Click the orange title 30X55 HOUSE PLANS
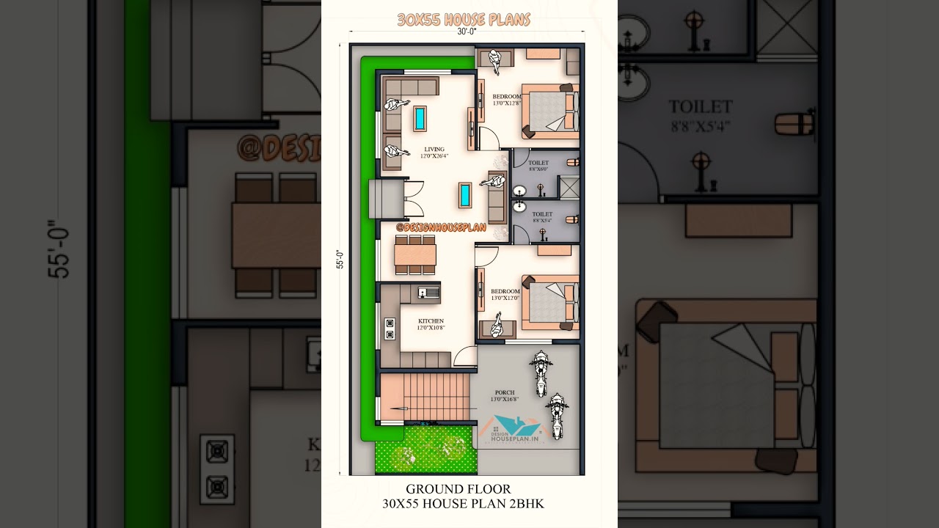coord(464,20)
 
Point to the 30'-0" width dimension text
coord(467,32)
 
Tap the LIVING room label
coord(434,150)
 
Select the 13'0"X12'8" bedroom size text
coord(506,103)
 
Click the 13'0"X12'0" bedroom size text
coord(506,298)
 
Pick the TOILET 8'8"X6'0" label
coord(538,166)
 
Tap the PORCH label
coord(505,393)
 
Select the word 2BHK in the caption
coord(527,504)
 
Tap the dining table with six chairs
coord(415,254)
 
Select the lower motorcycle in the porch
coord(557,415)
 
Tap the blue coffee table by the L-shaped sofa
coord(420,118)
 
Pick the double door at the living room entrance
coord(414,199)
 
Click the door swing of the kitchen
coord(464,357)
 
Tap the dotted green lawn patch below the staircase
coord(425,450)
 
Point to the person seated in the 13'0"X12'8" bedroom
coord(499,60)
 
